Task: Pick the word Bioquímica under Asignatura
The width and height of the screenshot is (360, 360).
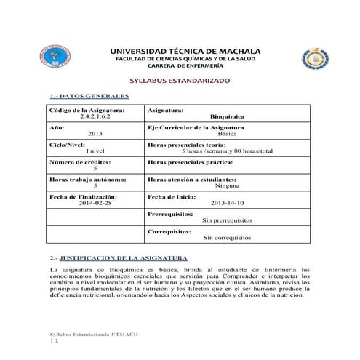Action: pos(227,116)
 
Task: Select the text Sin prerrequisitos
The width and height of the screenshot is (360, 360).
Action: pos(227,220)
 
